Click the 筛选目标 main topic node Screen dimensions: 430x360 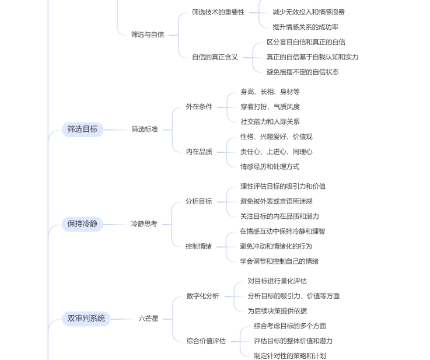(x=82, y=129)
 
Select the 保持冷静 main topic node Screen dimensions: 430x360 (x=82, y=223)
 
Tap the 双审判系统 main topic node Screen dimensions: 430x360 (x=86, y=319)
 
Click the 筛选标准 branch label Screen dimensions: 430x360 (x=145, y=129)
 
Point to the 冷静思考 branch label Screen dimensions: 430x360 (x=144, y=223)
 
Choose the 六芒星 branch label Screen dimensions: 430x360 (x=148, y=319)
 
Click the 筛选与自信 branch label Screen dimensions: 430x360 (x=148, y=34)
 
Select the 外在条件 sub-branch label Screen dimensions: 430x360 (x=199, y=107)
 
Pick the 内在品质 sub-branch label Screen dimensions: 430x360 (x=199, y=152)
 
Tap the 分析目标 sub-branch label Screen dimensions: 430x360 (x=198, y=201)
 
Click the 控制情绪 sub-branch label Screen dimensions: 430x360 (x=198, y=246)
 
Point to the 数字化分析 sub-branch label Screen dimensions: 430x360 (x=202, y=296)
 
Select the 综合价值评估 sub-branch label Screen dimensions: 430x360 (x=206, y=341)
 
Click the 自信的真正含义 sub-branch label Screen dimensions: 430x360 (x=215, y=57)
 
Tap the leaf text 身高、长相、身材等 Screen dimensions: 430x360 (x=270, y=92)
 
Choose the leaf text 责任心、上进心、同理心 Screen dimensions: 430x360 (x=277, y=152)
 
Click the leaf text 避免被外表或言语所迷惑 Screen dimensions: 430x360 (x=277, y=201)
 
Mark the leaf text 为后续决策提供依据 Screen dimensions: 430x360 (x=277, y=311)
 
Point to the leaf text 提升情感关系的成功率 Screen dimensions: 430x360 (x=306, y=27)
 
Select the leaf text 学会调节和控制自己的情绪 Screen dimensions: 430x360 (x=279, y=261)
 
